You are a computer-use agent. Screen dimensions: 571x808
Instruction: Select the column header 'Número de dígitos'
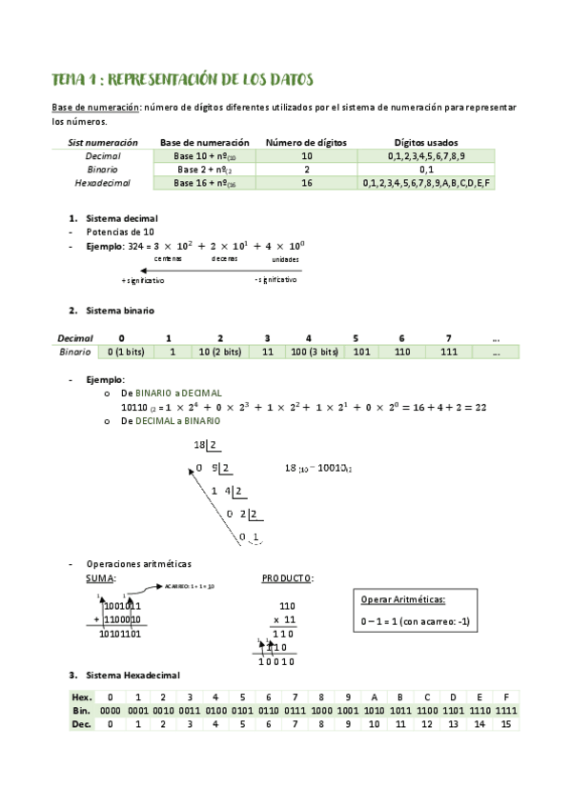pos(305,142)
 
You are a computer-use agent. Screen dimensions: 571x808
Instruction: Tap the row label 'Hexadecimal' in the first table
pos(102,182)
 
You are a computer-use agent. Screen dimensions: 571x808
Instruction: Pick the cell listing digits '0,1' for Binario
pos(425,169)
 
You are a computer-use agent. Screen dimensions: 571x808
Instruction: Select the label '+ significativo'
pos(143,280)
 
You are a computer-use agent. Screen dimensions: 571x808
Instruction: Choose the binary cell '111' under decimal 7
pos(448,352)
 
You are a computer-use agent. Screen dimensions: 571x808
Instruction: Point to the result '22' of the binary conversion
pos(480,407)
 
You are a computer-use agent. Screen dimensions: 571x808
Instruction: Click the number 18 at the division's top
pos(199,445)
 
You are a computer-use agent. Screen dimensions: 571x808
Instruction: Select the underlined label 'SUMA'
pos(100,577)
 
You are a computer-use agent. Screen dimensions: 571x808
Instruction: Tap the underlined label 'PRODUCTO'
pos(287,577)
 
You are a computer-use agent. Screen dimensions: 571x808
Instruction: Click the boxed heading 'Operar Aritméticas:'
pos(403,599)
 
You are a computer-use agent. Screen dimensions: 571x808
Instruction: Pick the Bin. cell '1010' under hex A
pos(374,711)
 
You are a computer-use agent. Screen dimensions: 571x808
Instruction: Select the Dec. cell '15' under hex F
pos(505,724)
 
